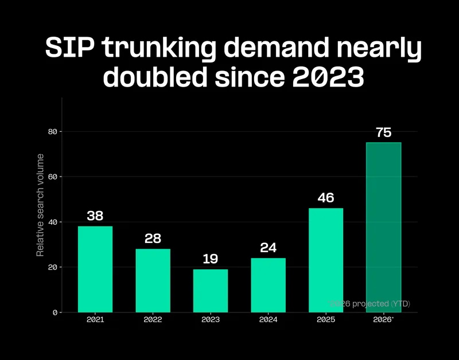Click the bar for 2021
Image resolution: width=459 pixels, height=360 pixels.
(95, 269)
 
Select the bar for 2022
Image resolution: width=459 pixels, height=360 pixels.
(153, 280)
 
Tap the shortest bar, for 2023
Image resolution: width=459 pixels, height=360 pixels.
(210, 291)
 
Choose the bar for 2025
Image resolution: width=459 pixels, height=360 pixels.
(325, 260)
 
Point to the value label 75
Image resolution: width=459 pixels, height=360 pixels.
(383, 133)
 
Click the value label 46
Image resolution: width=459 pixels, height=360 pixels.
(325, 198)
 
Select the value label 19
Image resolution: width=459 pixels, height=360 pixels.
(210, 259)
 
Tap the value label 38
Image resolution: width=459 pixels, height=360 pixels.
(95, 216)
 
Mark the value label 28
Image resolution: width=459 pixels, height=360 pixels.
(153, 239)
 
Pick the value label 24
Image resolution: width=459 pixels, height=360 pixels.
(268, 248)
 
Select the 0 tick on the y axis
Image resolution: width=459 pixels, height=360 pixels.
(55, 312)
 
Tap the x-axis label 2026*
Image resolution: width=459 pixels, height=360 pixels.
(383, 320)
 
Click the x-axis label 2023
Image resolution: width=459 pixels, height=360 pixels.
(210, 320)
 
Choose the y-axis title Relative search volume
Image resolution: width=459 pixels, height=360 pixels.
(40, 205)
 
